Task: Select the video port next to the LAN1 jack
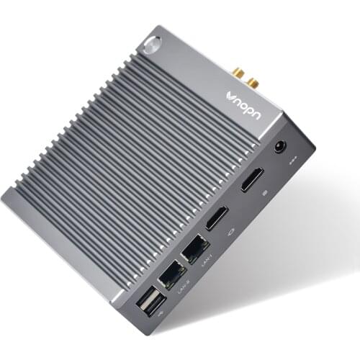click(x=217, y=217)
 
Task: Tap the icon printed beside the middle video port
click(x=230, y=232)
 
